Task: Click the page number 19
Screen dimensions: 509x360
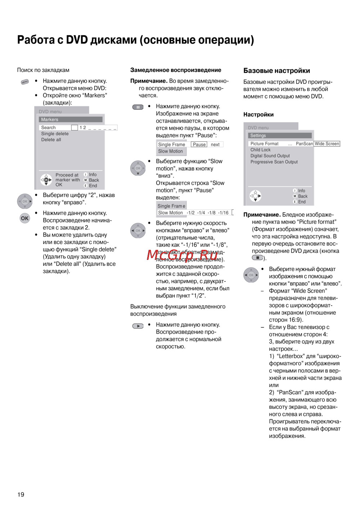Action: click(x=21, y=494)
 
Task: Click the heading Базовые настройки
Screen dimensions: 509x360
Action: click(x=276, y=71)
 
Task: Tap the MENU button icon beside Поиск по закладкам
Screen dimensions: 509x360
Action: click(x=25, y=82)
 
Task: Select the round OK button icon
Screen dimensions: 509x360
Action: click(x=25, y=218)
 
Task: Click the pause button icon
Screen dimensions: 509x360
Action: click(x=138, y=107)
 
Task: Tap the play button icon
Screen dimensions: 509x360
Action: click(x=138, y=326)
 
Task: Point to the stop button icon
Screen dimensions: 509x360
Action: click(x=257, y=258)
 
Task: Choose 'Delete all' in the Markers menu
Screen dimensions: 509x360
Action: click(x=51, y=140)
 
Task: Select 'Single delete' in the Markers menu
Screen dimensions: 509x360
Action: click(x=55, y=134)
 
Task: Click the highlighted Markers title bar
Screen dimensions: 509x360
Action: click(x=71, y=120)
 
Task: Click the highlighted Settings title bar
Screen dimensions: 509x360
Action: click(x=280, y=135)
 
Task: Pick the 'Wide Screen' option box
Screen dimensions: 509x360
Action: click(x=327, y=144)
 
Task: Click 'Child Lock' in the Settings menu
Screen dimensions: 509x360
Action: click(x=260, y=150)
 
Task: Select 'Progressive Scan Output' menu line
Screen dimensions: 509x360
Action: click(x=274, y=162)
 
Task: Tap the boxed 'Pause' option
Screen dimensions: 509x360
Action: click(x=199, y=144)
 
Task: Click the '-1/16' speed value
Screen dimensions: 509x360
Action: click(x=223, y=213)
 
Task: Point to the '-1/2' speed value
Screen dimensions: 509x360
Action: click(x=190, y=213)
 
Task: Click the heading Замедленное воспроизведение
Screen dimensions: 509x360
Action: click(x=176, y=70)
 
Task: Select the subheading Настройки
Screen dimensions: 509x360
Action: click(x=258, y=114)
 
